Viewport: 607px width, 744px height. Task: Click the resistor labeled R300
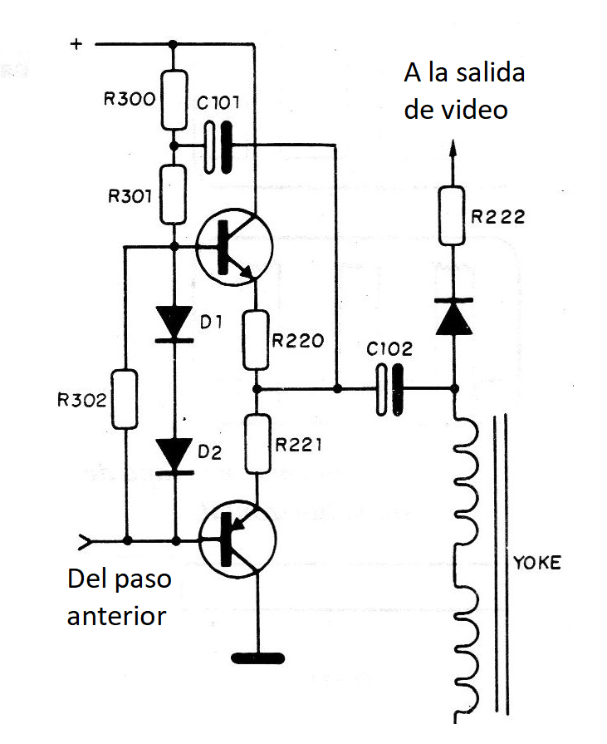pyautogui.click(x=174, y=100)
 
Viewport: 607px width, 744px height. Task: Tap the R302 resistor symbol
pyautogui.click(x=125, y=400)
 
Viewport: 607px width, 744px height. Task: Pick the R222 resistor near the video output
pyautogui.click(x=453, y=215)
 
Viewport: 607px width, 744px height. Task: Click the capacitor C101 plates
pyautogui.click(x=218, y=146)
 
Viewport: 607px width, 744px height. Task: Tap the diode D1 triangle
pyautogui.click(x=174, y=323)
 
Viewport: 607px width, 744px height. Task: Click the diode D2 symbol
pyautogui.click(x=174, y=454)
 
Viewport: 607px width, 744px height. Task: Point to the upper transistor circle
pyautogui.click(x=235, y=246)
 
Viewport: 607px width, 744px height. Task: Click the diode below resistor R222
pyautogui.click(x=453, y=316)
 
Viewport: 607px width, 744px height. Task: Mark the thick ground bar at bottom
pyautogui.click(x=258, y=658)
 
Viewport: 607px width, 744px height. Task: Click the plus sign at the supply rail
pyautogui.click(x=76, y=44)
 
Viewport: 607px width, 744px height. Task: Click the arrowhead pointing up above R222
pyautogui.click(x=453, y=150)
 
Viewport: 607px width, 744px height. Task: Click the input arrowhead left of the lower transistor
pyautogui.click(x=83, y=541)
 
